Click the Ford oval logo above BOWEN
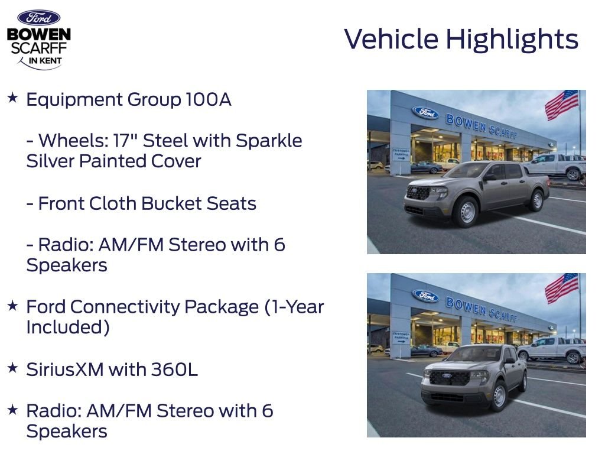click(38, 18)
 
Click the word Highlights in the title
click(512, 40)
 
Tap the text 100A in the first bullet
click(209, 99)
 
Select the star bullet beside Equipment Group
click(13, 98)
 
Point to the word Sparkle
click(269, 141)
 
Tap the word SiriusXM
click(65, 370)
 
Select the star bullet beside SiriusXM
click(13, 368)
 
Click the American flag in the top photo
click(561, 104)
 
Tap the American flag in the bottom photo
click(561, 288)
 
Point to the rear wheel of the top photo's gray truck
click(536, 200)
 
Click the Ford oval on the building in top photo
click(425, 112)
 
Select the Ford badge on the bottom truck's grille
click(447, 375)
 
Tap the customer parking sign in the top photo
click(401, 154)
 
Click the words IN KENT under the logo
click(45, 61)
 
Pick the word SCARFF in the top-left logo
click(39, 48)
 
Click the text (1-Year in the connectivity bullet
click(294, 307)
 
